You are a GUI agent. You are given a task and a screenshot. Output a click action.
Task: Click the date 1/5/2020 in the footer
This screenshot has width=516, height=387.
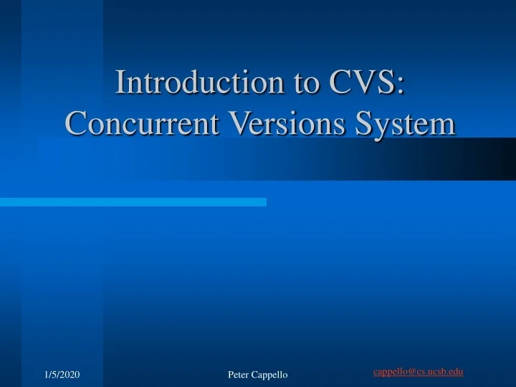tap(62, 375)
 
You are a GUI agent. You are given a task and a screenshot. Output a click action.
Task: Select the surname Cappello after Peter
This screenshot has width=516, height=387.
tap(271, 375)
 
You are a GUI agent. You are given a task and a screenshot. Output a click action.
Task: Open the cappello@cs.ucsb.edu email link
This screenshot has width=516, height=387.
tap(418, 371)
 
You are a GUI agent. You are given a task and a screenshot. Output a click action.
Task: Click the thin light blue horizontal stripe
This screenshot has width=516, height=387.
tap(133, 202)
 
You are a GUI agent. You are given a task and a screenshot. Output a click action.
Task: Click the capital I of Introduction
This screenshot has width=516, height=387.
tap(121, 82)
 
